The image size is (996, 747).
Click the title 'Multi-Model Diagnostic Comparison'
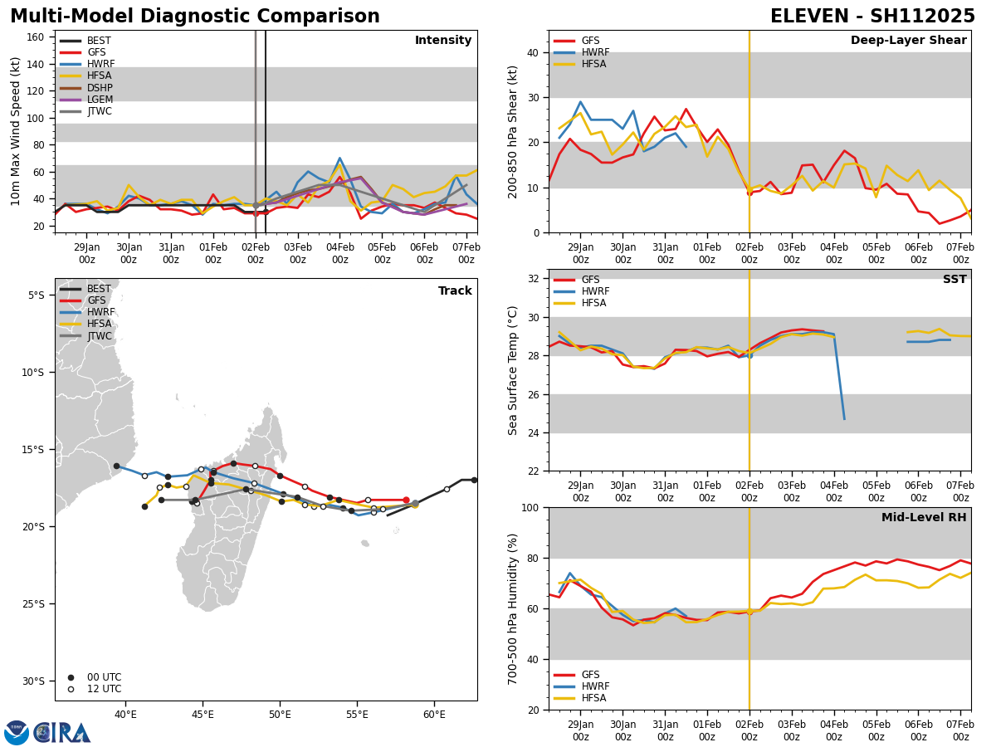coord(195,17)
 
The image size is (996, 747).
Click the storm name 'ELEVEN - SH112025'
coord(872,17)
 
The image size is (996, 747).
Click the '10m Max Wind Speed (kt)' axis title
coord(16,131)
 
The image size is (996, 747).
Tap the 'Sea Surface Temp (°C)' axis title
coord(513,370)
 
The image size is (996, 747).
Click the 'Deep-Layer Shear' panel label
coord(908,41)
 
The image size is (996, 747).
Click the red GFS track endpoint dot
coord(406,500)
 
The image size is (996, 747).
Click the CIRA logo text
coord(63,733)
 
